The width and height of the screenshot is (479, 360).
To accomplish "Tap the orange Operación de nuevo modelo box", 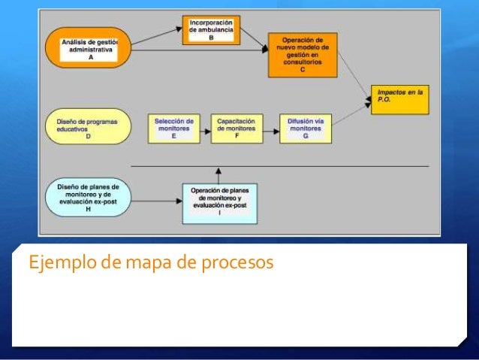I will pos(302,55).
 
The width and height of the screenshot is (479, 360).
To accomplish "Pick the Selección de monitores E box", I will pos(173,128).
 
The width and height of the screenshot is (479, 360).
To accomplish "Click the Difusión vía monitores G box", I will pos(305,128).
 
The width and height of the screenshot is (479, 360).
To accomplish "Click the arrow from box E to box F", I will pos(205,129).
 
